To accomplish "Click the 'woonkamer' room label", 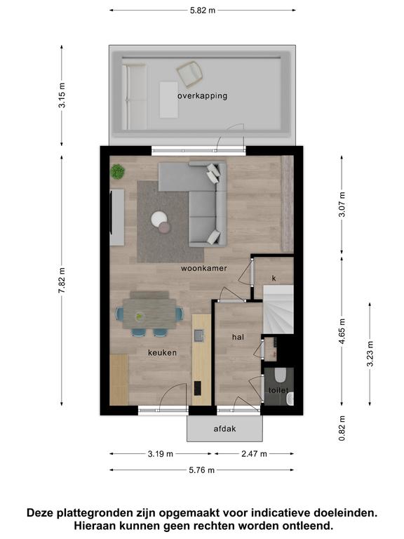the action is [203, 268].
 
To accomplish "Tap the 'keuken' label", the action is [162, 353].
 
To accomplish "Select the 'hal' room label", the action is [238, 337].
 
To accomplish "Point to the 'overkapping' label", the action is [202, 95].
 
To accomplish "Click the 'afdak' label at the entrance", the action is [224, 429].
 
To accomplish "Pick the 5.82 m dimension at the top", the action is [203, 11].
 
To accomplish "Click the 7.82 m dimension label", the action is [62, 281].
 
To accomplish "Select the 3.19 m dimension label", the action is [161, 454].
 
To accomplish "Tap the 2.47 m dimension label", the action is [254, 454].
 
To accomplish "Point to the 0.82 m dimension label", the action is [342, 428].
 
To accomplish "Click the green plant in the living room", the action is [118, 171].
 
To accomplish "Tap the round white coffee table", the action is [159, 219].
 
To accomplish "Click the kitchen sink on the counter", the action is [199, 335].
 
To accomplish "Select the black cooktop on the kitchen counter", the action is [198, 388].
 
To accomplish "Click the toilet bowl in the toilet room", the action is [281, 375].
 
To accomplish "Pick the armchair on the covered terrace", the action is [189, 74].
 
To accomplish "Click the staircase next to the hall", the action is [278, 310].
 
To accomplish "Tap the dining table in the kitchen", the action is [149, 314].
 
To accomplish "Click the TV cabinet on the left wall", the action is [117, 218].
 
